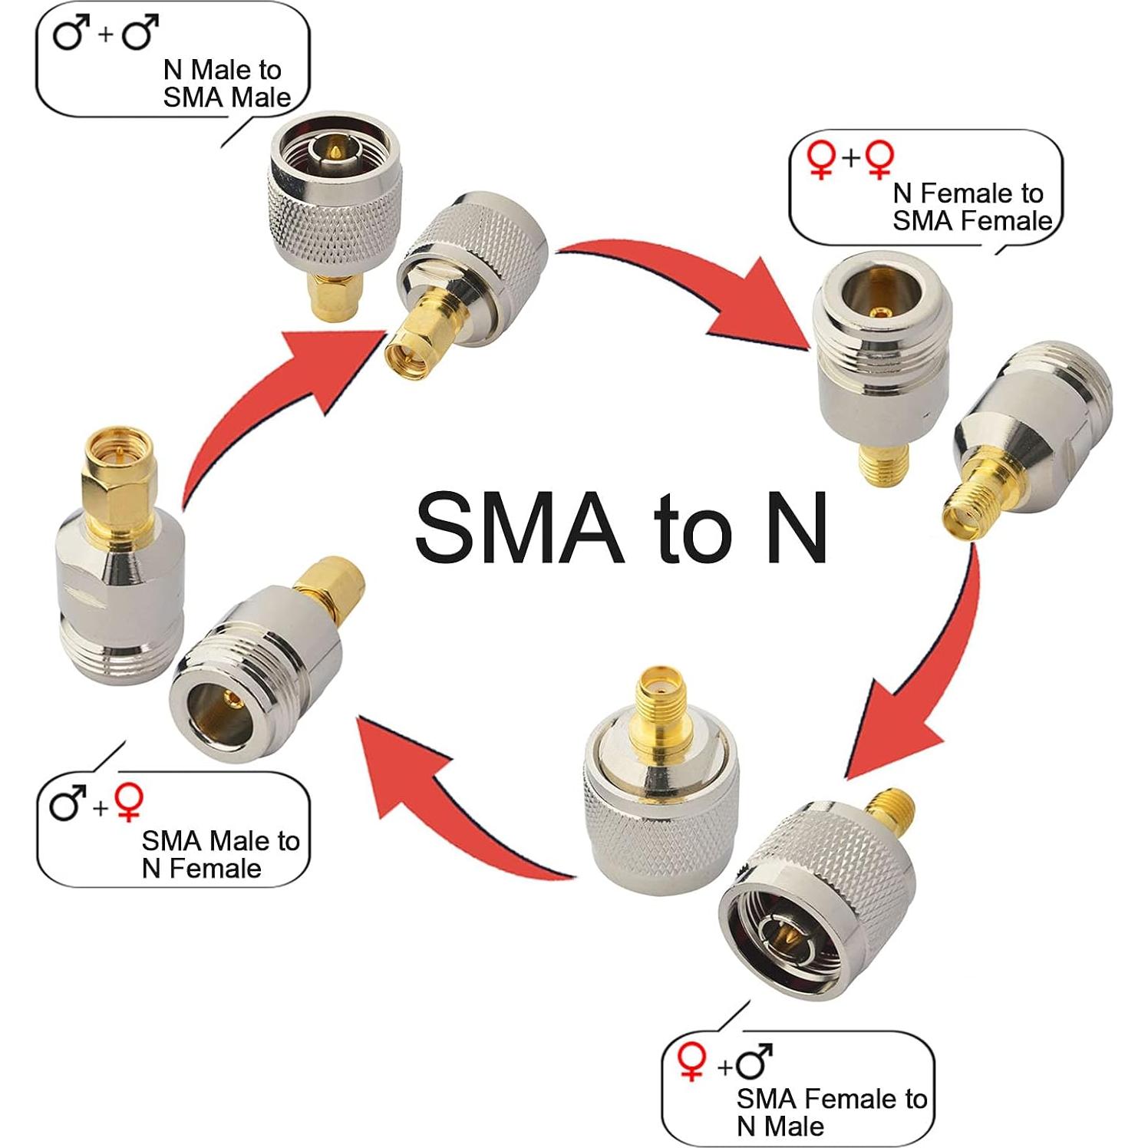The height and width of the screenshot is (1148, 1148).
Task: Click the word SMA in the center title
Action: (x=519, y=527)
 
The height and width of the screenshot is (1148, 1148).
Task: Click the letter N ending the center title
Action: (x=790, y=527)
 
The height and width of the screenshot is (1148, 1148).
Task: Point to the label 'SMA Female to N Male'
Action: (x=831, y=1112)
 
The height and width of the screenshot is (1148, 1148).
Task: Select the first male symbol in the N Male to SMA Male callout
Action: (x=68, y=35)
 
